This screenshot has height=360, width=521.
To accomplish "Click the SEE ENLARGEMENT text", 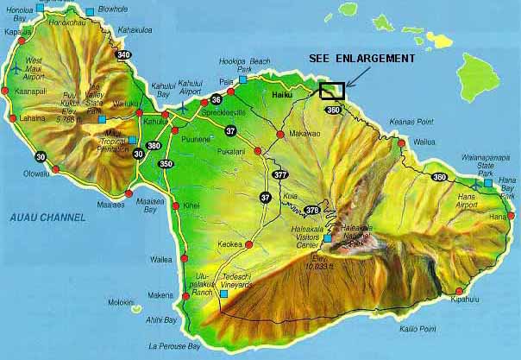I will (361, 58).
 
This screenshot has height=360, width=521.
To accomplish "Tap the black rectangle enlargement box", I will (332, 90).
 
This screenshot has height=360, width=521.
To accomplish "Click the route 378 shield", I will (312, 210).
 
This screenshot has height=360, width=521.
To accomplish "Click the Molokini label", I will (121, 302).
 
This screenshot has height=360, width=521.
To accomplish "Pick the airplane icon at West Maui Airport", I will (18, 66).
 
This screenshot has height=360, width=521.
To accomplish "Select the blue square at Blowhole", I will (91, 11).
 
